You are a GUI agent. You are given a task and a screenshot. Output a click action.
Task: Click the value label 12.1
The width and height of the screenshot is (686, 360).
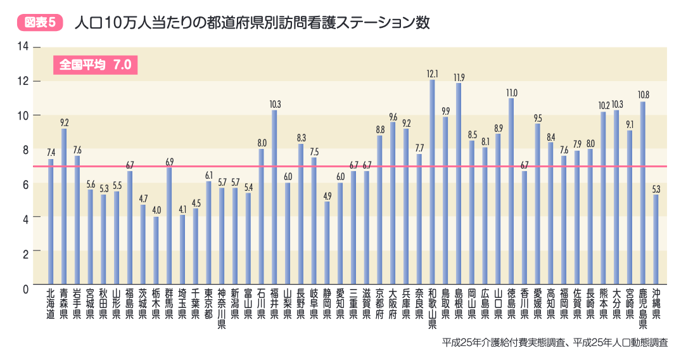coord(433,74)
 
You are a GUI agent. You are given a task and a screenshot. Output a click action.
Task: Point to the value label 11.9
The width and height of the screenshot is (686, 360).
coord(459,77)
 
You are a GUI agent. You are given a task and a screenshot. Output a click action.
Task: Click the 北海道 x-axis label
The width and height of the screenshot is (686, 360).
coord(50,304)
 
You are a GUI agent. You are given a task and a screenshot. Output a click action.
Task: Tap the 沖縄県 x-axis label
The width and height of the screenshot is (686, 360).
coord(656,304)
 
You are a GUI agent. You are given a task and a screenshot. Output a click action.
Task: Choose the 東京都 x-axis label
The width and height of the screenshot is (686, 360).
coord(208,304)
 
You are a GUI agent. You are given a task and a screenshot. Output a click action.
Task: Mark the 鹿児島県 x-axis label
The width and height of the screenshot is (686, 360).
coord(643,308)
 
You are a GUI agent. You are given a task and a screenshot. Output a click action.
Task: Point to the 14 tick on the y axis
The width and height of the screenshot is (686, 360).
coord(23,46)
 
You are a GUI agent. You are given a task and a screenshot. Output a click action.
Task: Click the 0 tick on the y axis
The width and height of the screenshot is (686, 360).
coord(26,288)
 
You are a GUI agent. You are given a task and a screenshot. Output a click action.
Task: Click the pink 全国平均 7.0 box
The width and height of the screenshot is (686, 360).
coord(95,65)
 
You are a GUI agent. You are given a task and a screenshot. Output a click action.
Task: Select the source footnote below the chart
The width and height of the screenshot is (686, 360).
coord(555,342)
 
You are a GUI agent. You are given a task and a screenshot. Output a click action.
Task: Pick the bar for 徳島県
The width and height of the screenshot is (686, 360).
coord(511,191)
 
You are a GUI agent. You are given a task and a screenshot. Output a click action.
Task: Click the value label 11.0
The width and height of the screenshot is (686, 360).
coord(511,93)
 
